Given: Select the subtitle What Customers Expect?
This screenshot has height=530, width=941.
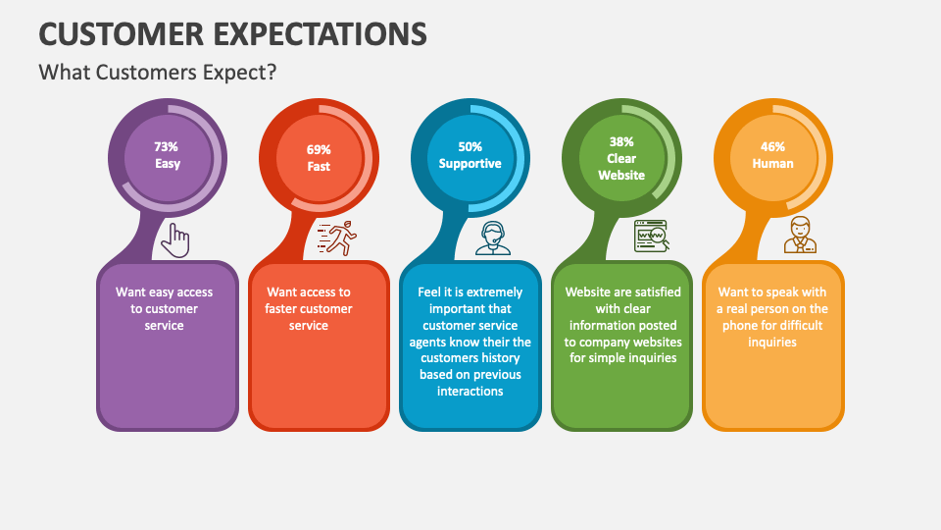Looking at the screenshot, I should click(x=158, y=73).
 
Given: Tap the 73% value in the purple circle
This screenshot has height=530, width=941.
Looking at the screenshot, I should click(x=166, y=146).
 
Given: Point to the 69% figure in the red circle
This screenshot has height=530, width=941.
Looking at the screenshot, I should click(x=319, y=150).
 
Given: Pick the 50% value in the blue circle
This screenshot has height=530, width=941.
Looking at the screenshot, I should click(x=470, y=146).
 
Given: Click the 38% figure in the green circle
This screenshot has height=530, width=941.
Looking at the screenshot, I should click(x=621, y=141).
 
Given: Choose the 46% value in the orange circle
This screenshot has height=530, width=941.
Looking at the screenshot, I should click(x=772, y=146).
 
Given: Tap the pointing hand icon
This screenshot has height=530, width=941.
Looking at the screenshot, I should click(x=175, y=238).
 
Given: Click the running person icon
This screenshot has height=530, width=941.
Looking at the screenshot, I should click(x=336, y=238).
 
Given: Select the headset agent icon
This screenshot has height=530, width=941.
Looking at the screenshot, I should click(x=493, y=238).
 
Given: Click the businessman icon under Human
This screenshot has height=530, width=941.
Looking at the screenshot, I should click(x=801, y=236).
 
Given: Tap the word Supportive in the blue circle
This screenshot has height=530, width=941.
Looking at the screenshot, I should click(x=470, y=164).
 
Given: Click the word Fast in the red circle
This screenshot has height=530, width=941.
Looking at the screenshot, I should click(x=319, y=167).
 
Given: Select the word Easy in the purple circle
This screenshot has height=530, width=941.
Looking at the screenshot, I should click(x=168, y=164).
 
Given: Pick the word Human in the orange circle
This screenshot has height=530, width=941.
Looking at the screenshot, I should click(x=772, y=164).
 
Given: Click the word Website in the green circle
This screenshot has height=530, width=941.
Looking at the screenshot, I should click(x=621, y=175).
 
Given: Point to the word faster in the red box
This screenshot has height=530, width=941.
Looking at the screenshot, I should click(x=286, y=309).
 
